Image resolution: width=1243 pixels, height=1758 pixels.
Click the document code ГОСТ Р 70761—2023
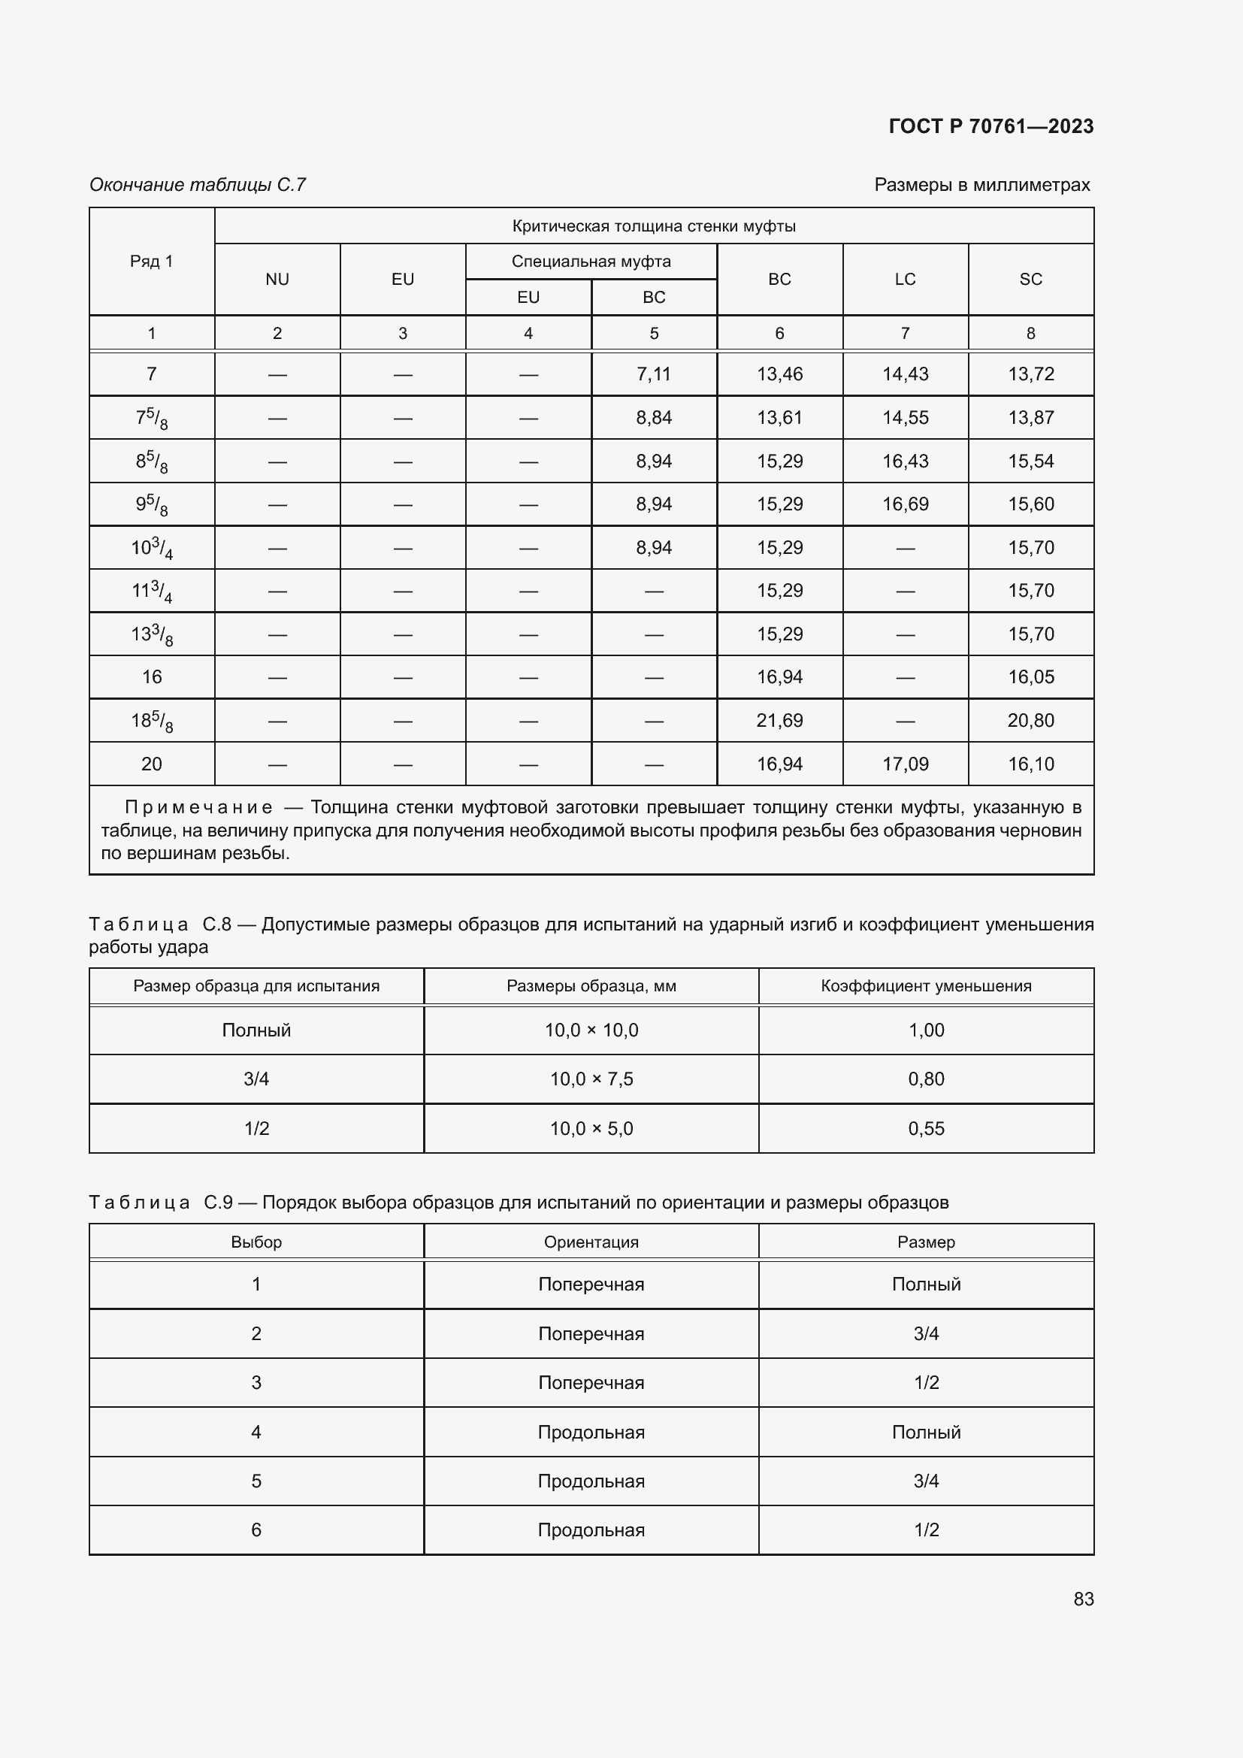pos(990,126)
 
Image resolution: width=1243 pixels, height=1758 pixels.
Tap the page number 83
pos(1083,1599)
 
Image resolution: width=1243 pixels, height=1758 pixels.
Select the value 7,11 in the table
pos(654,374)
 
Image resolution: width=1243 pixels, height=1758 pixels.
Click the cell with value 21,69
pos(779,721)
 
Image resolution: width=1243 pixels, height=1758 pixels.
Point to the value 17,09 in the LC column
pos(905,764)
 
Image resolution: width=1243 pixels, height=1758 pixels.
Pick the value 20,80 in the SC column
pos(1030,721)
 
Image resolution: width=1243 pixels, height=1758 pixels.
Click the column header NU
pos(277,280)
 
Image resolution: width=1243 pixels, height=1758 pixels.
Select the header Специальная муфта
pos(591,262)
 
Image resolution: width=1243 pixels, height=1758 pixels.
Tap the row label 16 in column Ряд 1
pos(152,677)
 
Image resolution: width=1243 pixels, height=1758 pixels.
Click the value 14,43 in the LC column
pos(905,374)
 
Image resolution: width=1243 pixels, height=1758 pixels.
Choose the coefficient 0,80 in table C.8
pos(926,1079)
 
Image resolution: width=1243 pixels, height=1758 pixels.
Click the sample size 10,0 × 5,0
pos(591,1129)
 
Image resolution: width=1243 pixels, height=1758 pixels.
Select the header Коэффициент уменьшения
pos(926,986)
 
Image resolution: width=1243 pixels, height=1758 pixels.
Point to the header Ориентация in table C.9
pos(591,1242)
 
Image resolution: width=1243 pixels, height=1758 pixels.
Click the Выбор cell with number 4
pos(256,1432)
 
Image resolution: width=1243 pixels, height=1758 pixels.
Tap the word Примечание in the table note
pos(198,808)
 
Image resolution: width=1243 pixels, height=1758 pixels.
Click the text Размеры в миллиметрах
pos(982,185)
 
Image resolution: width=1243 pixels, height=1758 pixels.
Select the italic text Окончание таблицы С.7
pos(198,185)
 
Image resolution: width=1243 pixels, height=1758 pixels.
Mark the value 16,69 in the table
pos(905,504)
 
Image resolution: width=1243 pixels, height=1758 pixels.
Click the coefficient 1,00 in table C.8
pos(926,1030)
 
